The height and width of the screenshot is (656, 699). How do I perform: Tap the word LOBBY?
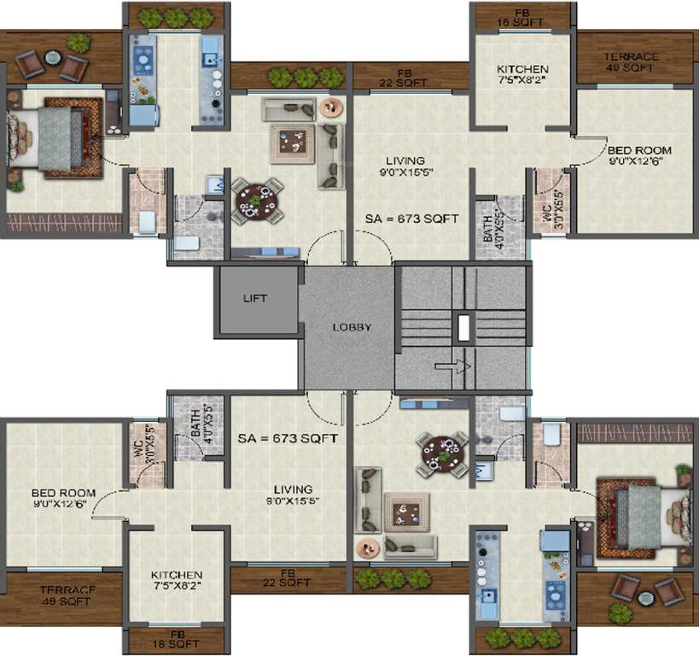coord(352,327)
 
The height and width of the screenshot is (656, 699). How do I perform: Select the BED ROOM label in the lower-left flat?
coord(62,499)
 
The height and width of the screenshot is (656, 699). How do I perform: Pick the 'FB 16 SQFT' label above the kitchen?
coord(522,16)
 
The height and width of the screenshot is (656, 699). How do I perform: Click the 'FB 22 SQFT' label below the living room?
coord(290,578)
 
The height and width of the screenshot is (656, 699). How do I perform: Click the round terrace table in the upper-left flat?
coord(53,58)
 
